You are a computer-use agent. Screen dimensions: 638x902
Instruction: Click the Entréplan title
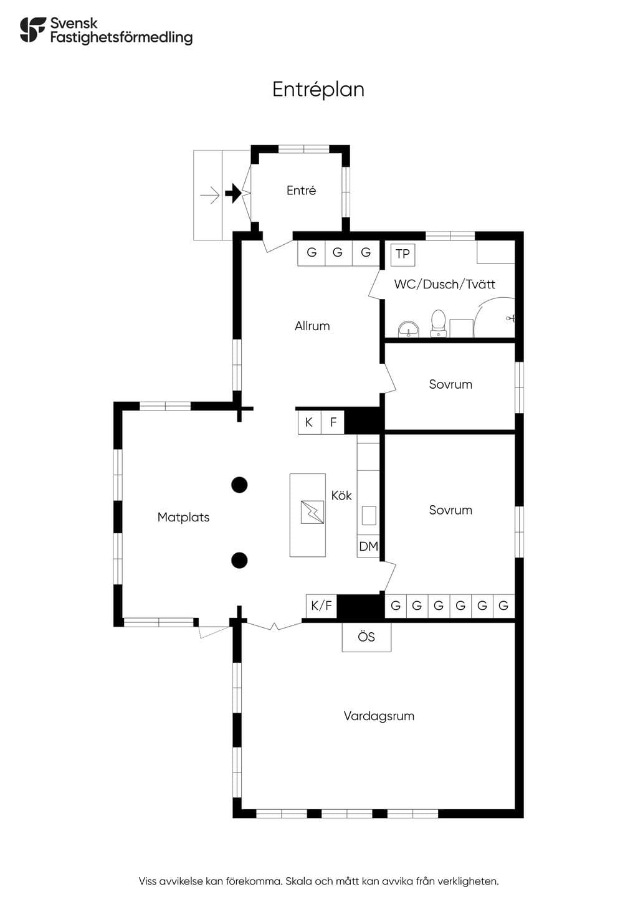tap(318, 90)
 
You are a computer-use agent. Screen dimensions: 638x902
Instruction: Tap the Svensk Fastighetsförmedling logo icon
tap(33, 30)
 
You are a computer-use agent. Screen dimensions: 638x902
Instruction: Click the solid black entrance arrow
tap(233, 193)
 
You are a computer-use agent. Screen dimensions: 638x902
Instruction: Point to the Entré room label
tap(301, 191)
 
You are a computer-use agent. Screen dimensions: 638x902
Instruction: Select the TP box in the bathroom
tap(402, 254)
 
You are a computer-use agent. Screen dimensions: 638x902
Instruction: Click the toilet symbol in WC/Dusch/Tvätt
tap(438, 323)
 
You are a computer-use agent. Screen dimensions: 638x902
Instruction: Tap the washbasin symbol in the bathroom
tap(409, 329)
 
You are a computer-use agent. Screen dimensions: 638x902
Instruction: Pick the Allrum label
tap(312, 326)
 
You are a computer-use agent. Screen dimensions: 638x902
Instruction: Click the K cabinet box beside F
tap(309, 422)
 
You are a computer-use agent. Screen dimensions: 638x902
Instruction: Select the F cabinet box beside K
tap(333, 422)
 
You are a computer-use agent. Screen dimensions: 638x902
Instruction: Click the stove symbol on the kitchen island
tap(312, 512)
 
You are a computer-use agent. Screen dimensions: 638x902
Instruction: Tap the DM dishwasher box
tap(368, 546)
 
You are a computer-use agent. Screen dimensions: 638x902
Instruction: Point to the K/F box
tap(321, 605)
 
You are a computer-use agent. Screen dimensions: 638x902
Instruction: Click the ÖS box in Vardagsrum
tap(366, 637)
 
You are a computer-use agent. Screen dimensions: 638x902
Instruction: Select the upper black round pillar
tap(239, 485)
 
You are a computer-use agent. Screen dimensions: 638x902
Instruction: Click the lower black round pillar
tap(239, 560)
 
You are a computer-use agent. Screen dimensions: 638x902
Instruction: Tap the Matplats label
tap(183, 518)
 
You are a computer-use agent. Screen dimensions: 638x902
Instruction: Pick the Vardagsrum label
tap(379, 716)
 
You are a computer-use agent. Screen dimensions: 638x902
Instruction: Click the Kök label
tap(341, 495)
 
